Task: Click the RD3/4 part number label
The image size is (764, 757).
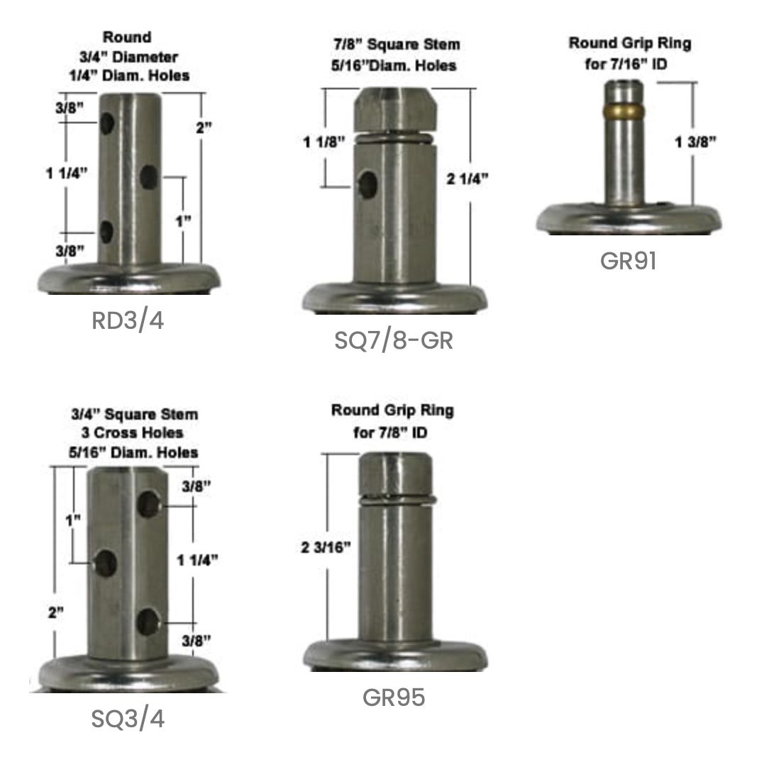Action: click(128, 320)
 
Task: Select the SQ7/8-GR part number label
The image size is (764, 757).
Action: click(394, 340)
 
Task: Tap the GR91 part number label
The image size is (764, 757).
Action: click(628, 261)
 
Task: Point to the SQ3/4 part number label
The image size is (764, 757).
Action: click(128, 719)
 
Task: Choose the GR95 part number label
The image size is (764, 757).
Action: click(394, 697)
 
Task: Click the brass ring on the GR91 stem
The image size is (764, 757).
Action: click(624, 111)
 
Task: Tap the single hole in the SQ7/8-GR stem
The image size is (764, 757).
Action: click(368, 184)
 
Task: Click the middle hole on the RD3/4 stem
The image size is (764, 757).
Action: click(149, 177)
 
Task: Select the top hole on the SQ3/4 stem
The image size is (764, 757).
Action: click(148, 503)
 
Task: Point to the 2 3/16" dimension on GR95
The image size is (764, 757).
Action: click(326, 548)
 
